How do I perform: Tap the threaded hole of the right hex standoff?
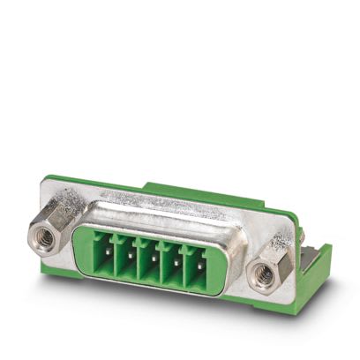pyautogui.click(x=261, y=274)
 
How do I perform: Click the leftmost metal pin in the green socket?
pyautogui.click(x=109, y=256)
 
